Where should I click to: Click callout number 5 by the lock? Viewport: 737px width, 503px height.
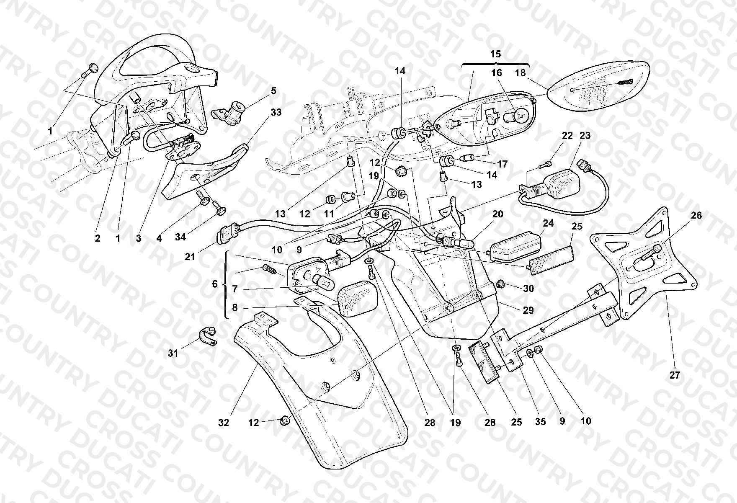(x=273, y=91)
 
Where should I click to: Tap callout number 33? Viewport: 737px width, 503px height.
(x=276, y=112)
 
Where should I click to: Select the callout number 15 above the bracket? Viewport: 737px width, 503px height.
(x=495, y=54)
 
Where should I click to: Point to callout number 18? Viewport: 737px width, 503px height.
(x=520, y=73)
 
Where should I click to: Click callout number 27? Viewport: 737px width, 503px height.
(x=675, y=375)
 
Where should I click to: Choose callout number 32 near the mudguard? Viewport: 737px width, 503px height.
(x=224, y=423)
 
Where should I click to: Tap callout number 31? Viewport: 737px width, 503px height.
(x=173, y=353)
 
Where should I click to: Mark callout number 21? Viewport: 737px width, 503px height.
(x=190, y=256)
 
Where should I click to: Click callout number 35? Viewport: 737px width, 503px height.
(x=541, y=421)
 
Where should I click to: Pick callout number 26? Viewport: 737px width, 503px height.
(x=696, y=215)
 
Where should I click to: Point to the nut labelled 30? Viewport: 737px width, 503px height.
(x=500, y=286)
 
